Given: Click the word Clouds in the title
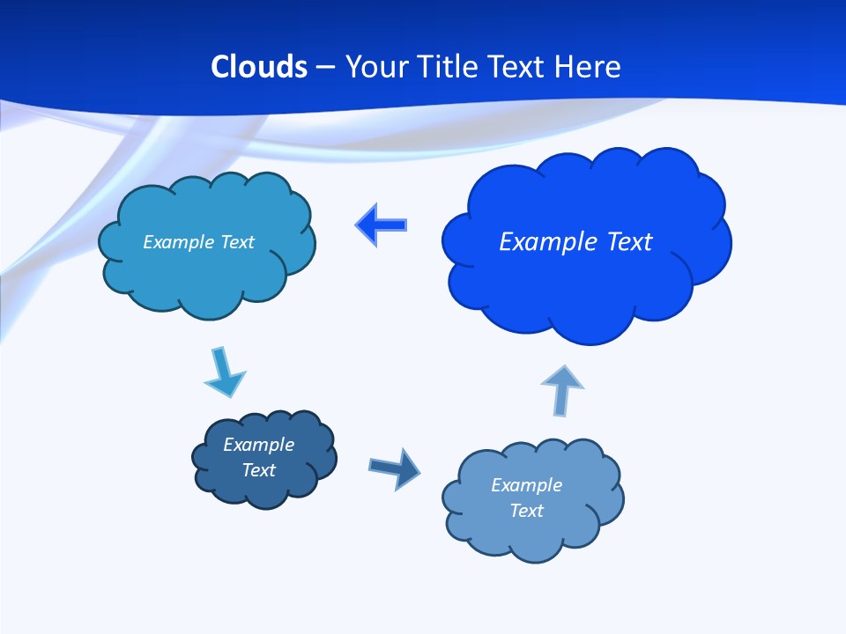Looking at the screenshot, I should click(x=259, y=67).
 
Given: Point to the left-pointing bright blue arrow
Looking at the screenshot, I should click(x=382, y=225).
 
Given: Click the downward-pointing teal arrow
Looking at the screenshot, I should click(x=224, y=372).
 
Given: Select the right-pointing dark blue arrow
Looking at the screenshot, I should click(x=394, y=468).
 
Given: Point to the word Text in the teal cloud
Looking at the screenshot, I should click(x=237, y=242).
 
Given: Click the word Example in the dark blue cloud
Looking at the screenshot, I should click(x=258, y=445).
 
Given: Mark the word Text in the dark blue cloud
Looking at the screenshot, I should click(x=258, y=470).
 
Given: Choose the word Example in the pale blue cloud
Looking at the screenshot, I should click(x=526, y=485).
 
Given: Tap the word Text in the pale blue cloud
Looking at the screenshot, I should click(x=526, y=511).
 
